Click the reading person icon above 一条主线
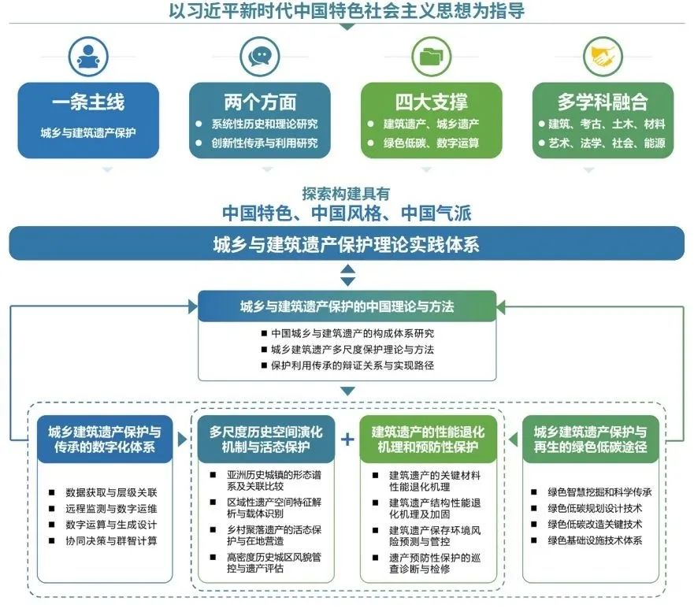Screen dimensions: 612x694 [88, 56]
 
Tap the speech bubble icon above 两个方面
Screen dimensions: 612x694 [259, 56]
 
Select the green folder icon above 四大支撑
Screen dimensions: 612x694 [431, 56]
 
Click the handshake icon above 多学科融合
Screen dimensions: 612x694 [603, 56]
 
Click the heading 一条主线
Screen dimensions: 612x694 [88, 102]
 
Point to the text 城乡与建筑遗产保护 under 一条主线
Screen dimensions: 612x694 [88, 132]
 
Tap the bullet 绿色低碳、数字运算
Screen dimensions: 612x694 [431, 143]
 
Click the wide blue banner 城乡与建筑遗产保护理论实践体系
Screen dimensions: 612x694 [347, 244]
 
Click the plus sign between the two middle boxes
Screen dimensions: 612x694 [347, 440]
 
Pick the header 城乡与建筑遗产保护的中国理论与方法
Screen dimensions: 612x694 [347, 306]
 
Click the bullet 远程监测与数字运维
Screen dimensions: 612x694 [111, 508]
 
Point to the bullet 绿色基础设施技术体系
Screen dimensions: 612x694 [595, 540]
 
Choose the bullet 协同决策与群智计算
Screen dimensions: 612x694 [111, 540]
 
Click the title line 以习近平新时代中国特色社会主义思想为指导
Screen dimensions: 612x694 [347, 10]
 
